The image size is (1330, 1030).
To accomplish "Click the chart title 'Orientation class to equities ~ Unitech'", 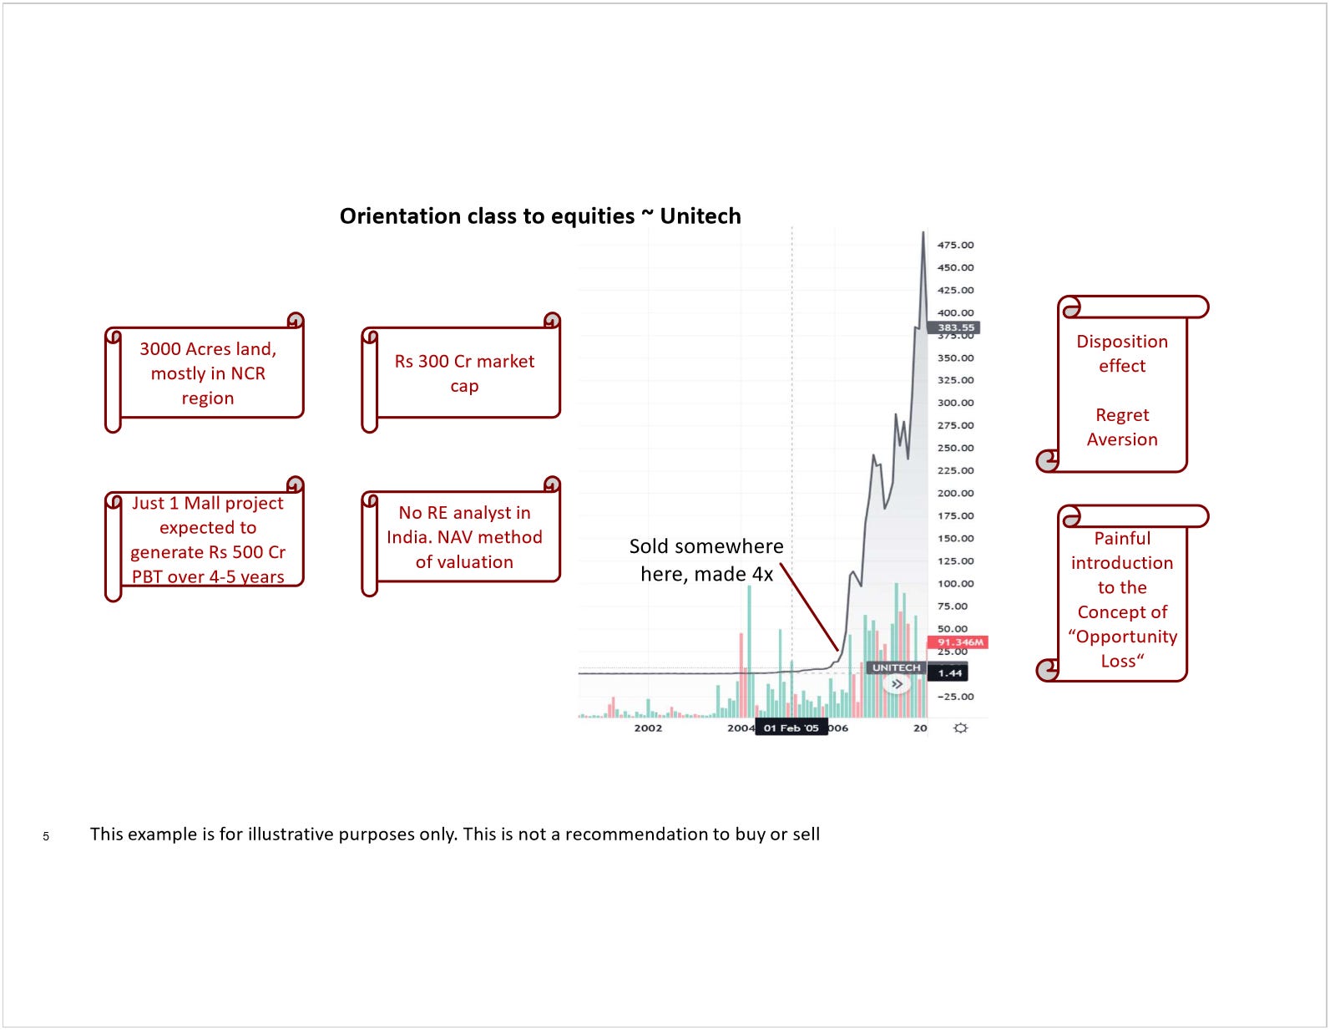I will pos(539,216).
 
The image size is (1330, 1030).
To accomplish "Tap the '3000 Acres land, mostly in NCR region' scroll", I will pos(208,373).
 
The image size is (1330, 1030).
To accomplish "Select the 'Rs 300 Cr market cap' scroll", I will pos(464,373).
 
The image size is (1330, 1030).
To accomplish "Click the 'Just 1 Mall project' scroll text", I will pos(208,540).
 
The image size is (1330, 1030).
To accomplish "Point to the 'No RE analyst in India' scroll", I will pos(464,537).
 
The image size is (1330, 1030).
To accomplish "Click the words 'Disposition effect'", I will pos(1121,353).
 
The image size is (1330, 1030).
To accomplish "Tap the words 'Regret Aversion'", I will pos(1121,427).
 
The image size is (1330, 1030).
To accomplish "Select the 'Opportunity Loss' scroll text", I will pos(1121,600).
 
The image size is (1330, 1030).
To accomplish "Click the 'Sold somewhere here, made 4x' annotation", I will pos(706,560).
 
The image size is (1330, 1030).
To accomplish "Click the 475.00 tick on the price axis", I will pos(955,245).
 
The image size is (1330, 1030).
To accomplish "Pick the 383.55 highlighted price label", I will pos(954,327).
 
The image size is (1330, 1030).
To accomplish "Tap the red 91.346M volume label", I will pos(959,642).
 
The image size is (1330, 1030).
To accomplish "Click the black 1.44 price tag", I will pos(949,672).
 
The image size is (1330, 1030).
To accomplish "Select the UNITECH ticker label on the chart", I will pos(896,667).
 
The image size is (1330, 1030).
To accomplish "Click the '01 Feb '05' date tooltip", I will pos(791,728).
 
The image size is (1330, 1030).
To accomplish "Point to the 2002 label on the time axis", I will pos(648,728).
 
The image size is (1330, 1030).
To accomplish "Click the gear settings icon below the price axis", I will pos(960,728).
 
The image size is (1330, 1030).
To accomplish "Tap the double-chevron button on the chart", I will pos(897,684).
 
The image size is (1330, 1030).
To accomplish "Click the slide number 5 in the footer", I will pos(46,836).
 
